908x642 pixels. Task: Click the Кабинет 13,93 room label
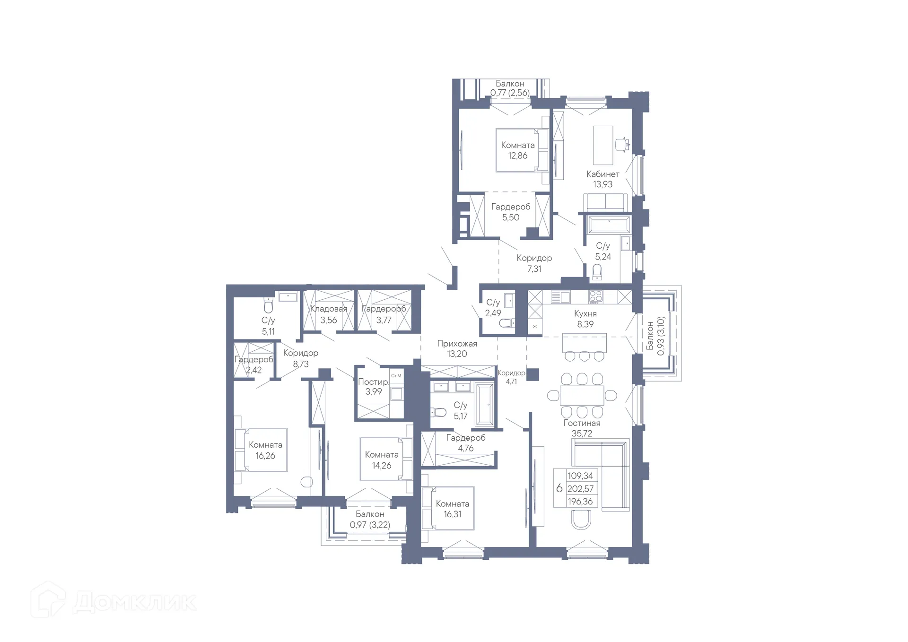coord(602,179)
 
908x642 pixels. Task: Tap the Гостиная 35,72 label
coord(582,428)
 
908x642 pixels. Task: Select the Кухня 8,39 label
coord(585,319)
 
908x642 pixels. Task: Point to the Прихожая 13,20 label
coord(457,348)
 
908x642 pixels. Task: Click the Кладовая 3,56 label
coord(328,314)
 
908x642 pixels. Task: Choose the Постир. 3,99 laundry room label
coord(373,386)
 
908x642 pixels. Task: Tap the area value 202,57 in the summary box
coord(580,489)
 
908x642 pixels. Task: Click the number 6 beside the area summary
coord(559,488)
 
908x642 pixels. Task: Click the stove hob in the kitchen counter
coord(595,297)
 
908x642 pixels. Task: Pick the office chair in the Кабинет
coord(622,144)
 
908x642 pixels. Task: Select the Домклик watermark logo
coord(113,601)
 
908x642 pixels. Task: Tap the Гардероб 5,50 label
coord(510,212)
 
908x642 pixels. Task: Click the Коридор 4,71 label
coord(511,377)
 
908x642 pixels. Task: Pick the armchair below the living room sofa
coord(581,520)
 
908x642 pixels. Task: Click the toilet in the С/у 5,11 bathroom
coord(268,306)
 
